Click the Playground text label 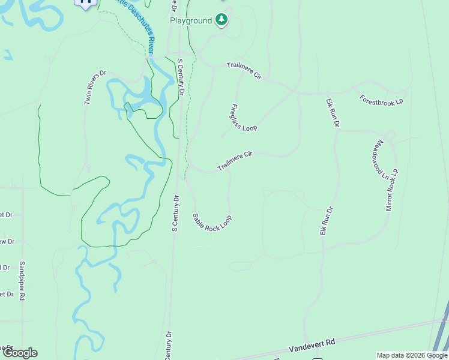[x=191, y=21]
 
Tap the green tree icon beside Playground [x=222, y=20]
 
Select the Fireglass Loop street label [x=243, y=118]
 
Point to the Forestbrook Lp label [x=381, y=100]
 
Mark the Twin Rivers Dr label [x=95, y=88]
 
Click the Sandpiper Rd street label [x=22, y=280]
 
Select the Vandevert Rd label [x=312, y=344]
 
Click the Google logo [x=20, y=353]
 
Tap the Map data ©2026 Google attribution [x=412, y=355]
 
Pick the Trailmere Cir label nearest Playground [x=244, y=71]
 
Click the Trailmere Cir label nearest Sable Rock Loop [x=235, y=161]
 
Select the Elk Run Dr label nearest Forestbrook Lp [x=333, y=112]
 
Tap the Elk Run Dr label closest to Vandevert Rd [x=326, y=221]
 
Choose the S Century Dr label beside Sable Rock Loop [x=176, y=213]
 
